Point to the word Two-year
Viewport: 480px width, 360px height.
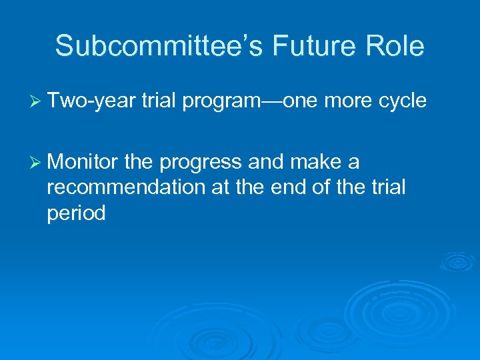(92, 101)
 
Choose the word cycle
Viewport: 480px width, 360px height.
(403, 101)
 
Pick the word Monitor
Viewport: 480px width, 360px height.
(84, 161)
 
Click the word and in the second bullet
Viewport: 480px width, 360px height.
(265, 161)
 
